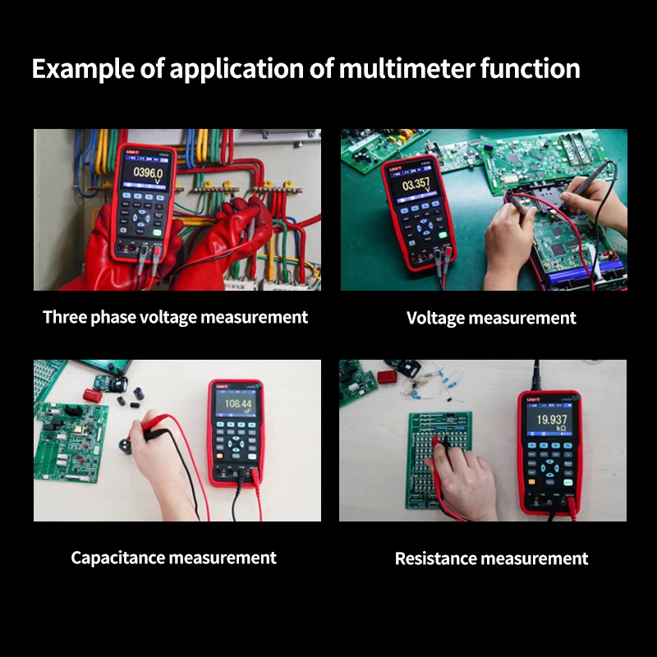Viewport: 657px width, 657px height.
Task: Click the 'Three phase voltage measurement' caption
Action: tap(175, 317)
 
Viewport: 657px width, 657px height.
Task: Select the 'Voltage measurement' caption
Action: tap(491, 318)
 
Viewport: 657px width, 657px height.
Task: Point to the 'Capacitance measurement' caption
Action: tap(173, 558)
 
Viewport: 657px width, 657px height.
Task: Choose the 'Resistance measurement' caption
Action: tap(491, 558)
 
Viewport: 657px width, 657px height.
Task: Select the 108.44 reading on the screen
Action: tap(238, 404)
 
